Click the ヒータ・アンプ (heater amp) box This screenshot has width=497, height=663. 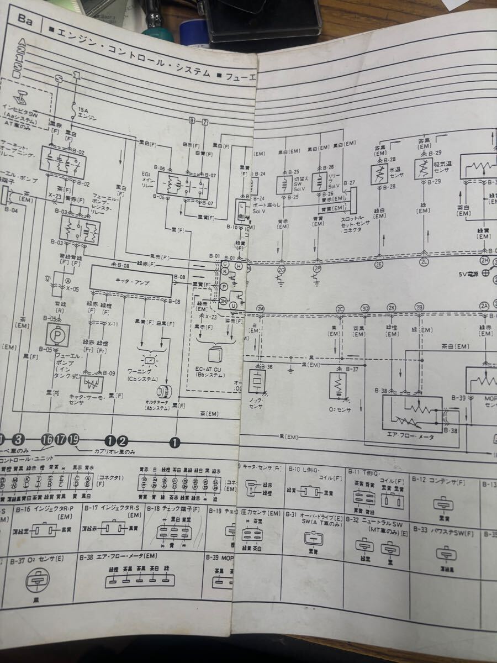131,280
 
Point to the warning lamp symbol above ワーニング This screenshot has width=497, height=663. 150,360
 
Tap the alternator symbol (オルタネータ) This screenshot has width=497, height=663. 165,392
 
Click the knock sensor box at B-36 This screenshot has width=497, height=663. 258,381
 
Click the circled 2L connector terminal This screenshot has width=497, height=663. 424,263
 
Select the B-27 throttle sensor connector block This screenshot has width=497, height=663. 353,202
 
